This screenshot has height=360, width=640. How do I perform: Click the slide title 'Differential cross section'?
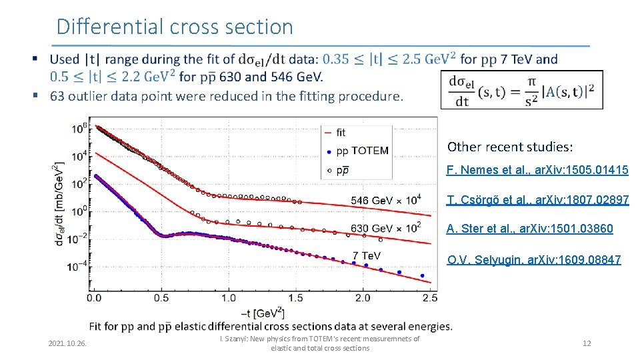coord(175,27)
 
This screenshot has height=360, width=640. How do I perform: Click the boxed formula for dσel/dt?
coord(521,89)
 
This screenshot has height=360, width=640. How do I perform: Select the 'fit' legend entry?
coord(341,133)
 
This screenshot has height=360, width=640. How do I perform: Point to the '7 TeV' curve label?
coord(367,255)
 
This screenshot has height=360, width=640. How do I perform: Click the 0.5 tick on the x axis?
coord(161,297)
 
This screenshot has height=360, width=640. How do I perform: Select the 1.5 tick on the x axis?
coord(296,297)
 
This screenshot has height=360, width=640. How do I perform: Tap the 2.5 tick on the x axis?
coord(430,297)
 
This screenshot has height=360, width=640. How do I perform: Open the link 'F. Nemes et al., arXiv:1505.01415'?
coord(537,170)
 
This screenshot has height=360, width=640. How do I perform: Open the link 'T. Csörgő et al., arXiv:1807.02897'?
coord(537,200)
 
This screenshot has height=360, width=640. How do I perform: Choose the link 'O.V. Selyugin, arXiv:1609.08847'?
coord(533,259)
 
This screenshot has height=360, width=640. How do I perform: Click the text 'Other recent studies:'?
coord(510,147)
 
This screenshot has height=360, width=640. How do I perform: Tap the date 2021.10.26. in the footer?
coord(67,343)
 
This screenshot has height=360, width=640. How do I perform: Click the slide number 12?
coord(587,343)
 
